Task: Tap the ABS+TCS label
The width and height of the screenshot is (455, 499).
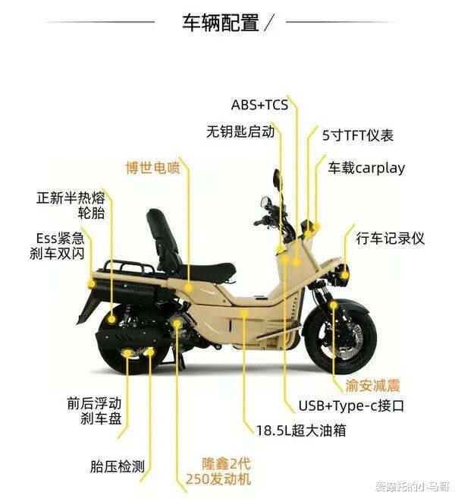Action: coord(259,105)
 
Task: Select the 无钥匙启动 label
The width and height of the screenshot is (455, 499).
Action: coord(240,131)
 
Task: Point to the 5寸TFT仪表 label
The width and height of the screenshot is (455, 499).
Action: coord(358,136)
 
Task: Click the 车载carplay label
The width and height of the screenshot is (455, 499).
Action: coord(366,168)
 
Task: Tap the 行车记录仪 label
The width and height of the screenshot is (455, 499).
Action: coord(391,238)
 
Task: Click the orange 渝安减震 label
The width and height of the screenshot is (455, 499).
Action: coord(373,385)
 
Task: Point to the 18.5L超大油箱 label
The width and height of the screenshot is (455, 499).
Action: coord(300,430)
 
